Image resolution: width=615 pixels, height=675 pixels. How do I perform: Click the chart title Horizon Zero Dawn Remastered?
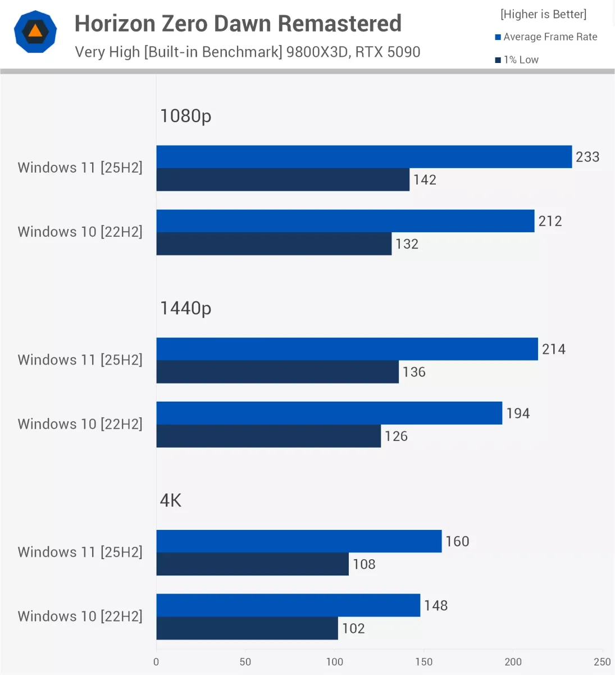(238, 24)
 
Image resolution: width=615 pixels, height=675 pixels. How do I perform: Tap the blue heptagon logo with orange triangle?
(35, 31)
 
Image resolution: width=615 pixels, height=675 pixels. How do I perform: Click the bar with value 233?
(364, 157)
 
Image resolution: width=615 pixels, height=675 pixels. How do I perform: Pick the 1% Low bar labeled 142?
(283, 180)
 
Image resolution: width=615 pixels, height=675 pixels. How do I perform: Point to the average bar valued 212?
(345, 221)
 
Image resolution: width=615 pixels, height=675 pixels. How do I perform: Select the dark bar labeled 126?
(268, 436)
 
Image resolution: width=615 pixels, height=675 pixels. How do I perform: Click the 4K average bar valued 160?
(299, 541)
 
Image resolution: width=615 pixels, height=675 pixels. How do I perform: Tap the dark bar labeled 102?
(247, 628)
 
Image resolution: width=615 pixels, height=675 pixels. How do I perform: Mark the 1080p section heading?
(185, 116)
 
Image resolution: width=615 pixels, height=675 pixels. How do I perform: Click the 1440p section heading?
(185, 308)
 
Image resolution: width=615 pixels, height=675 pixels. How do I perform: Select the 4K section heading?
(171, 501)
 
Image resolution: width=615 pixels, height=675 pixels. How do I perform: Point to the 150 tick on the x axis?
(423, 662)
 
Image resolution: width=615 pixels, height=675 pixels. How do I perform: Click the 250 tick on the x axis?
(602, 662)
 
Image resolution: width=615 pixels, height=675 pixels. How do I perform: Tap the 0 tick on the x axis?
(156, 662)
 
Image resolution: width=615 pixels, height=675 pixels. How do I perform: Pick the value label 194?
(518, 413)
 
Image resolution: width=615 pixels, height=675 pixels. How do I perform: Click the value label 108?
(364, 564)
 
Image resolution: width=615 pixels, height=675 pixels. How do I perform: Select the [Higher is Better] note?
(543, 14)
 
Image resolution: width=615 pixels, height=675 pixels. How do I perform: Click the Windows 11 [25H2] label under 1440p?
(80, 360)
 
